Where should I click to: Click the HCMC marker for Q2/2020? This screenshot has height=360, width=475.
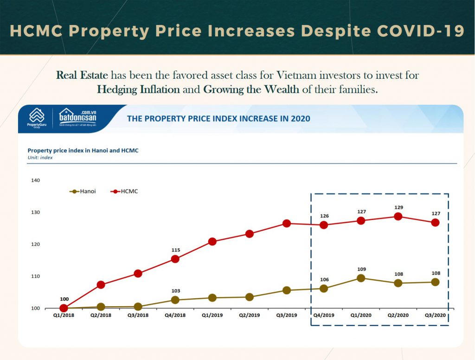click(x=398, y=216)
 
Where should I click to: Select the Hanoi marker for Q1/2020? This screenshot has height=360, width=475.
click(x=361, y=278)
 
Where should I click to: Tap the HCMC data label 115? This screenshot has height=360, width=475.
click(x=175, y=250)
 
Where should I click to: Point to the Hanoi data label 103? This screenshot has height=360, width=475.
click(x=175, y=291)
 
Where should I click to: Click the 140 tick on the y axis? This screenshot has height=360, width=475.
click(x=36, y=180)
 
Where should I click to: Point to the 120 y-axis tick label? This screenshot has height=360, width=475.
click(x=36, y=244)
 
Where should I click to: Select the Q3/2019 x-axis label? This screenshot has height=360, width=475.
click(x=286, y=315)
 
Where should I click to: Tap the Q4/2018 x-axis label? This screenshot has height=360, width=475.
click(x=175, y=315)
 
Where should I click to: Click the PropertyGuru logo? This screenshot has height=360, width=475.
click(x=37, y=119)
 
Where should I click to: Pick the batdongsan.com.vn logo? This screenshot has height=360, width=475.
click(x=78, y=119)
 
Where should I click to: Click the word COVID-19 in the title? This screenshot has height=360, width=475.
click(x=421, y=31)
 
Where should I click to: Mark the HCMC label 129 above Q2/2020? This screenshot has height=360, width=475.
click(x=398, y=207)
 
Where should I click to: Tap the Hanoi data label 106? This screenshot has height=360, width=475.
click(x=324, y=279)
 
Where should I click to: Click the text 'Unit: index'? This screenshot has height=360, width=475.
click(x=40, y=157)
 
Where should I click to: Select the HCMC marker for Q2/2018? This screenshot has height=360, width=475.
click(x=101, y=284)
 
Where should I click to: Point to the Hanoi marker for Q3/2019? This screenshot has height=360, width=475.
click(x=287, y=290)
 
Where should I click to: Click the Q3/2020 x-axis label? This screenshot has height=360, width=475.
click(x=435, y=315)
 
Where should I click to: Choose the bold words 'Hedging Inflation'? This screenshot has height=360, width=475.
click(x=138, y=90)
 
